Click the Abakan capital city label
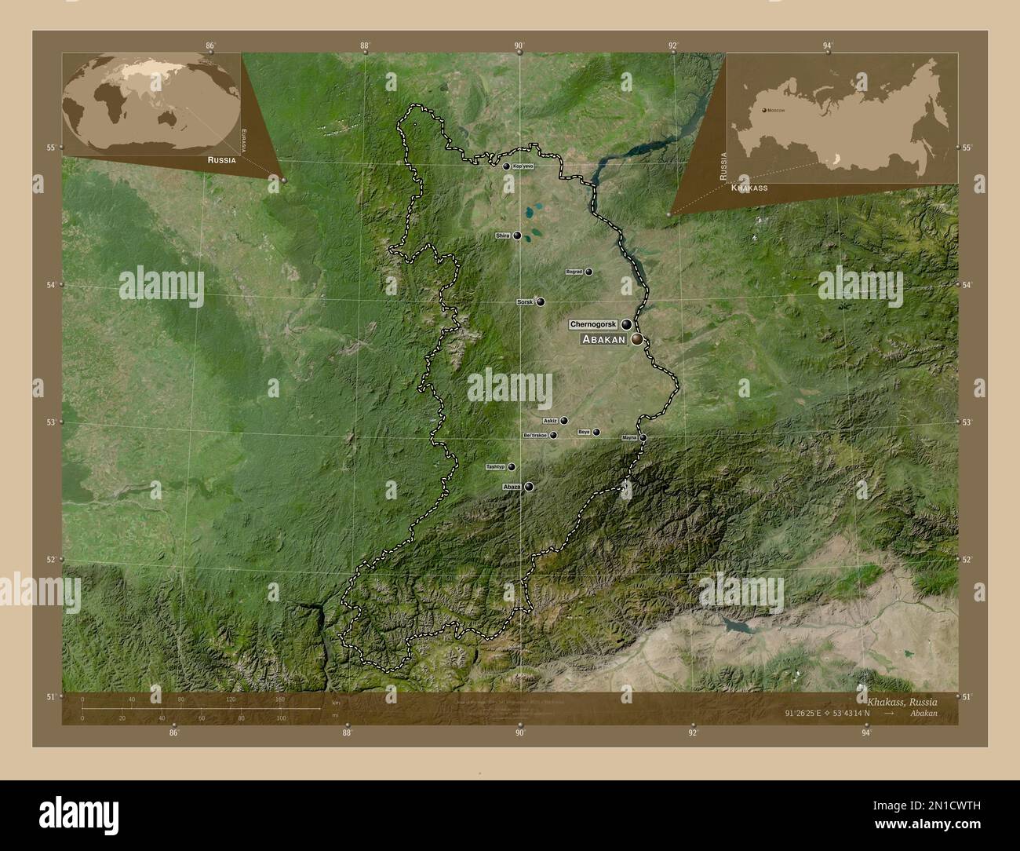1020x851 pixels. (603, 340)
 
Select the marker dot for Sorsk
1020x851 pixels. (541, 301)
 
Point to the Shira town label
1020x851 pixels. (503, 236)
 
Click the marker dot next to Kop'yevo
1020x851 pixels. (506, 166)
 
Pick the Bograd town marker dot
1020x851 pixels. (588, 272)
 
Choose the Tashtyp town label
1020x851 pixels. (495, 467)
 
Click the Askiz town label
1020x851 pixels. (550, 421)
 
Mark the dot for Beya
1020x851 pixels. (596, 432)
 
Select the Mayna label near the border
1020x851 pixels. (629, 437)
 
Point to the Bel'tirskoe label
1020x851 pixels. (534, 435)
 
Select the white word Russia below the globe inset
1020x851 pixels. (222, 159)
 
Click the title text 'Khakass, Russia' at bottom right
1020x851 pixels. (902, 700)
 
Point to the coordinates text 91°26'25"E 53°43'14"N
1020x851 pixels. (832, 714)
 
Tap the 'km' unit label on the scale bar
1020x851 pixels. (336, 702)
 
